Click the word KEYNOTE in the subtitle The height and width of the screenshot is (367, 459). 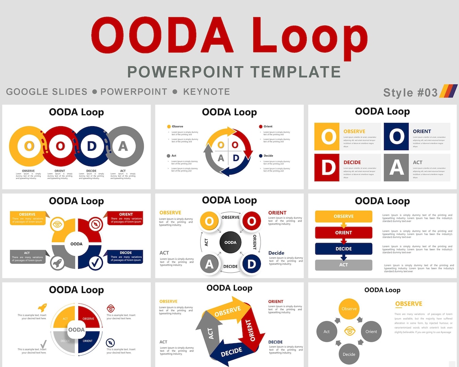tap(207, 92)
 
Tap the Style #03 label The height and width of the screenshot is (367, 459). tap(410, 93)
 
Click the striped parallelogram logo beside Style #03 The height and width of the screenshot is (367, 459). tap(448, 91)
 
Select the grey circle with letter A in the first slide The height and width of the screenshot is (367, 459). tap(123, 146)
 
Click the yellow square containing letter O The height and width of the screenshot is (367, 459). tap(327, 136)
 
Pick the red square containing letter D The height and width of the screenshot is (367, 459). tap(327, 167)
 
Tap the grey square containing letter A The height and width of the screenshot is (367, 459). tap(396, 167)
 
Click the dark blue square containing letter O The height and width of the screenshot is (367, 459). tap(396, 136)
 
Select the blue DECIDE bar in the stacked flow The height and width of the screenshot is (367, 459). tap(343, 249)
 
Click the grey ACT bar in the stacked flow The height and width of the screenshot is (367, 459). tap(343, 265)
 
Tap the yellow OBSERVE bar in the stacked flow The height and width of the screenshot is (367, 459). tap(343, 217)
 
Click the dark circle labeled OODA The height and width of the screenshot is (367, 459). tap(230, 243)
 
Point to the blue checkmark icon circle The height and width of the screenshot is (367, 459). tap(96, 263)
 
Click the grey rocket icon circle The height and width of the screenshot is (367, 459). tap(57, 263)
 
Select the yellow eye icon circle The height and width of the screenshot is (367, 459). tap(57, 224)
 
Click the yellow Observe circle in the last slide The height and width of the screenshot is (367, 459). tap(349, 309)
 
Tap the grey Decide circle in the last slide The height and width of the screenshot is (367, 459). tap(349, 354)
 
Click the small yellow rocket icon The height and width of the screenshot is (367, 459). tap(42, 307)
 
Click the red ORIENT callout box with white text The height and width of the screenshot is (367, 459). tap(125, 217)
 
